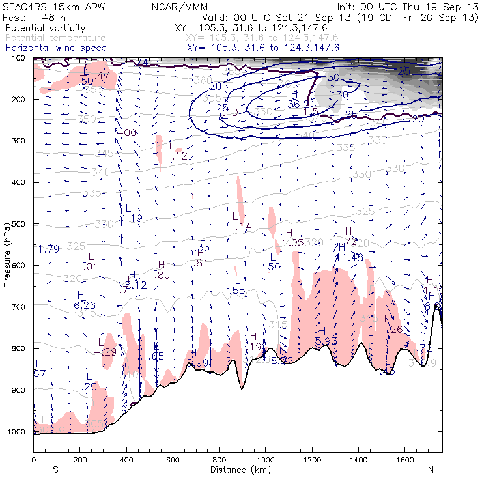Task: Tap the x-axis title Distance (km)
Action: click(x=238, y=470)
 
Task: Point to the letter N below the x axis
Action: click(x=430, y=469)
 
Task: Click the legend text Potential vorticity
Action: click(x=44, y=29)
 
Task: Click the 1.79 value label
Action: click(x=49, y=248)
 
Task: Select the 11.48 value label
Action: click(x=349, y=257)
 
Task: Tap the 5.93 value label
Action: click(x=326, y=341)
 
